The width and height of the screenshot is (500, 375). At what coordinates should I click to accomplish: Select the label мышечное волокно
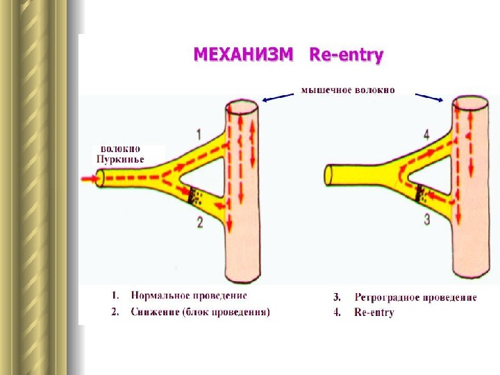pyautogui.click(x=347, y=90)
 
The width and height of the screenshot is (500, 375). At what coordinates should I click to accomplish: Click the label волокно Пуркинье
pyautogui.click(x=122, y=154)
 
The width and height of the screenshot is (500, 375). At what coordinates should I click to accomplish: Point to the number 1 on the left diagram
pyautogui.click(x=199, y=133)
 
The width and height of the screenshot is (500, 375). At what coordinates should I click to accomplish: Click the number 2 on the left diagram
pyautogui.click(x=199, y=222)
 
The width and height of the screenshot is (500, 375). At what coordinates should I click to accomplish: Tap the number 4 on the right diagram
pyautogui.click(x=426, y=133)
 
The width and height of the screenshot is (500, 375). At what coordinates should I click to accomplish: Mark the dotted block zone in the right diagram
pyautogui.click(x=422, y=195)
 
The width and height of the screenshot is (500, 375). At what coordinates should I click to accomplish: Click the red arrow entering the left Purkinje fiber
pyautogui.click(x=91, y=179)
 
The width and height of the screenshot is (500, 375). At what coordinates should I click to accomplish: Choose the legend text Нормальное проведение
pyautogui.click(x=188, y=297)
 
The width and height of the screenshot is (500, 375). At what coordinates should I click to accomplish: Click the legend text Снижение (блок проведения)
pyautogui.click(x=200, y=312)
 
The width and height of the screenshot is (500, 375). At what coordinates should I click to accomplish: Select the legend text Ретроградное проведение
pyautogui.click(x=415, y=297)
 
